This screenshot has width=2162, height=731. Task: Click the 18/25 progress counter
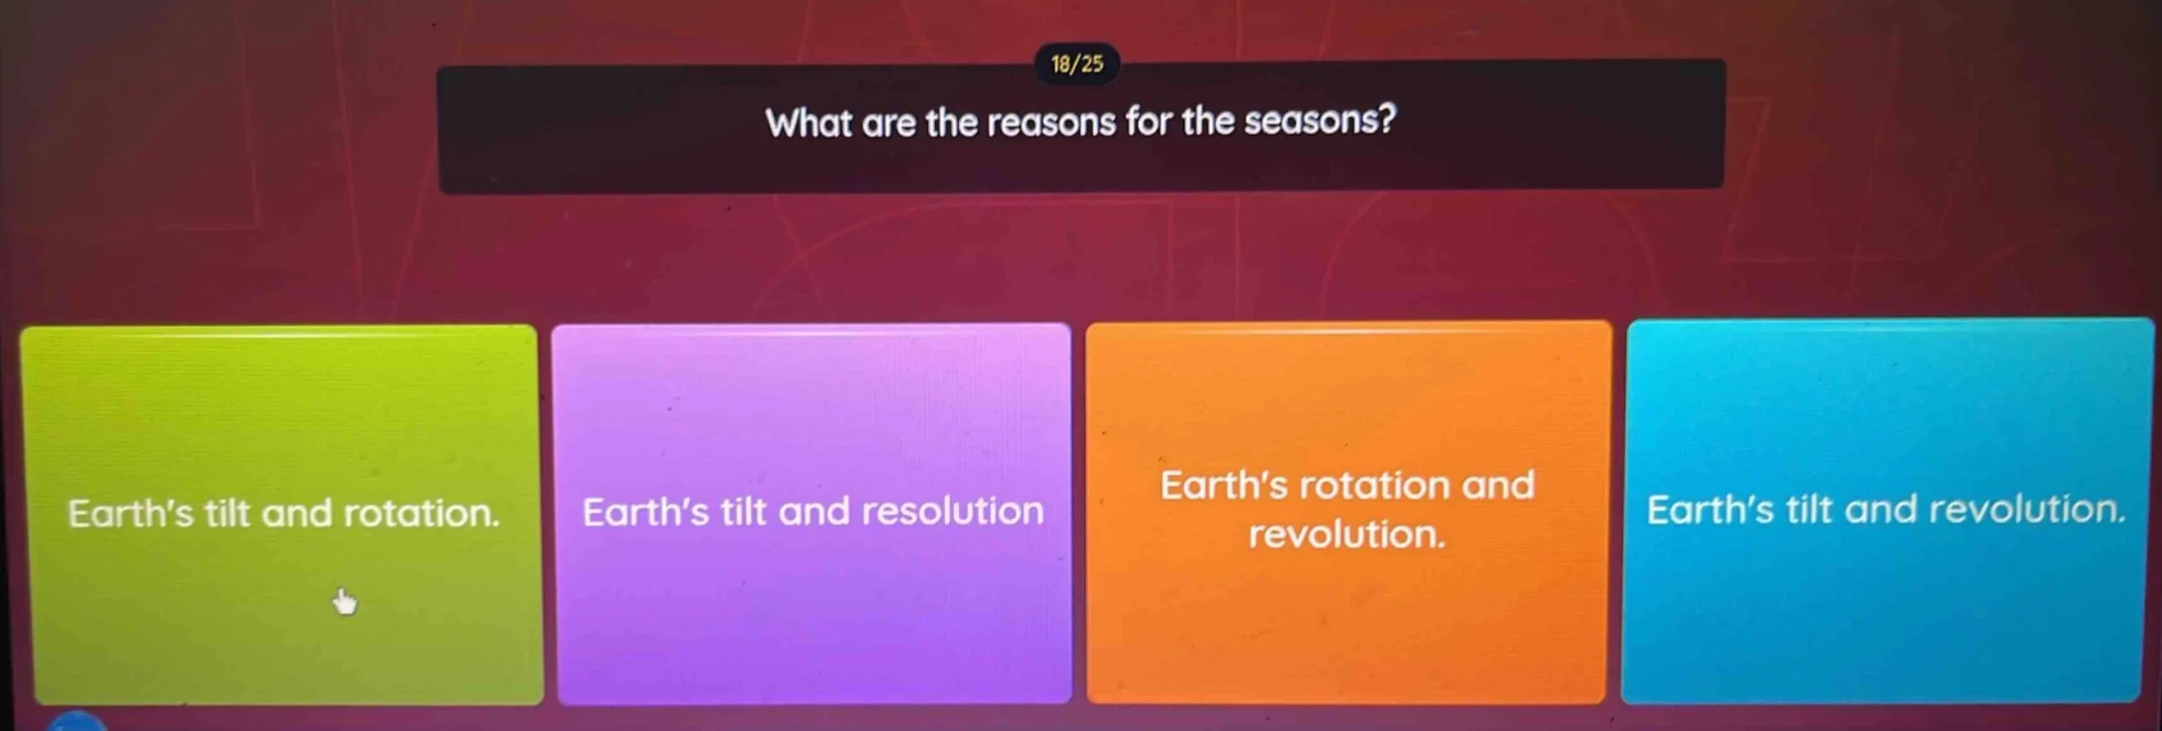1077,64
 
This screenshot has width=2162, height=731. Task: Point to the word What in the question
808,124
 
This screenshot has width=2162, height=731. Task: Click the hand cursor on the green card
344,600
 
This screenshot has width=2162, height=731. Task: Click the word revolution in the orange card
1346,535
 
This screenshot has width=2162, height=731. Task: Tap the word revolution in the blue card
2026,509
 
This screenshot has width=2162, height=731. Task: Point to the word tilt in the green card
227,513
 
